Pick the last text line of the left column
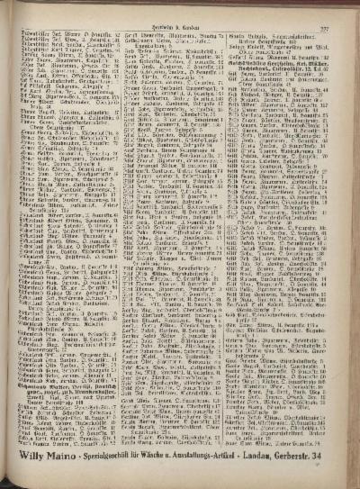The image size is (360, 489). pyautogui.click(x=61, y=443)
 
